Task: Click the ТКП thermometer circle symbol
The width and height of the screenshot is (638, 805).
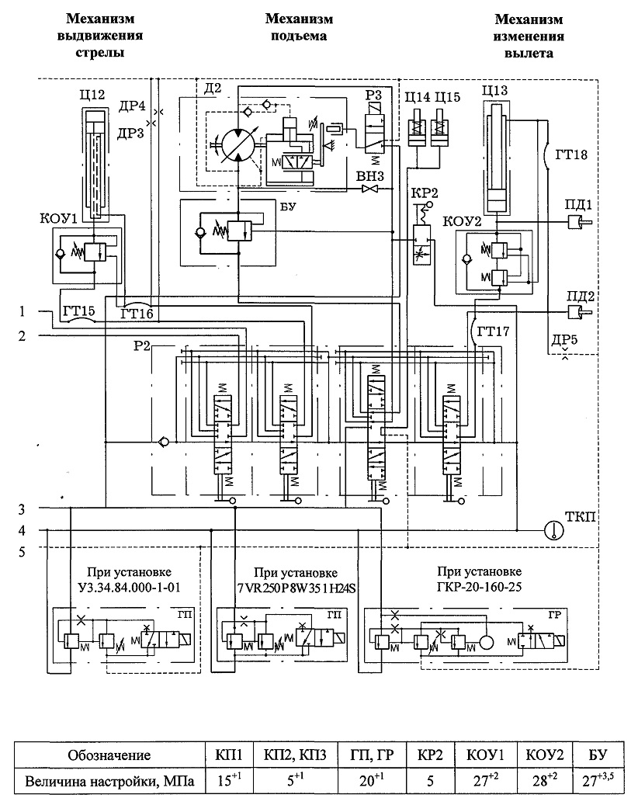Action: [554, 530]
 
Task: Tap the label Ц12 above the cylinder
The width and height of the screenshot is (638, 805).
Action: [92, 95]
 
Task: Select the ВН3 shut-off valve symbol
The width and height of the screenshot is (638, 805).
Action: [369, 189]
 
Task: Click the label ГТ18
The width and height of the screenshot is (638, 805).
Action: [571, 154]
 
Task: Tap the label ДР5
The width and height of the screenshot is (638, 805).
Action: [564, 339]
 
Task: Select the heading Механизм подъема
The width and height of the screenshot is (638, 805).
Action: [299, 27]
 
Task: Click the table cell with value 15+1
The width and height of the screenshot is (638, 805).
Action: [230, 780]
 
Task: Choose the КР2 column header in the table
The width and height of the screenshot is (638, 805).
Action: [430, 755]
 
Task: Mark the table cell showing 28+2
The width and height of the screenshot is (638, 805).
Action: [545, 780]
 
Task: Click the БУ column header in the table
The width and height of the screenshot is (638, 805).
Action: [598, 755]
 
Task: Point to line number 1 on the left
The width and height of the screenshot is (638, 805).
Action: [22, 311]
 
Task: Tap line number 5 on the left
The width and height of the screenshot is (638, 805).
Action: [22, 553]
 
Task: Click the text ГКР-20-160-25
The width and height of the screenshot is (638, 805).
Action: [480, 586]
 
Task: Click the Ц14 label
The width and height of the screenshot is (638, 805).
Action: [418, 97]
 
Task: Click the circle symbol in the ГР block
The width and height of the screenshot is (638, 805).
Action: [486, 643]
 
